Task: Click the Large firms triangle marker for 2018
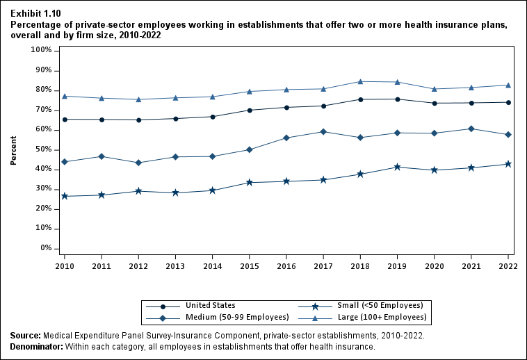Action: point(360,81)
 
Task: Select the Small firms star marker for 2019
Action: point(397,167)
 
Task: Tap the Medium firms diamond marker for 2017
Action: point(323,131)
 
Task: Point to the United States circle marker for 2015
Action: point(250,110)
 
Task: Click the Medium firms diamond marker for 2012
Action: point(138,163)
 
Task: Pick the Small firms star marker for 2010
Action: point(65,196)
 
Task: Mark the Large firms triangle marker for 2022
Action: point(508,85)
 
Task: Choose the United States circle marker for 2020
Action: point(434,103)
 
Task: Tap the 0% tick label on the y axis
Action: point(46,248)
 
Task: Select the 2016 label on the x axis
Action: point(286,265)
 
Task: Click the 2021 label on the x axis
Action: point(471,265)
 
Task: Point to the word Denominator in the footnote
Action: point(37,346)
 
